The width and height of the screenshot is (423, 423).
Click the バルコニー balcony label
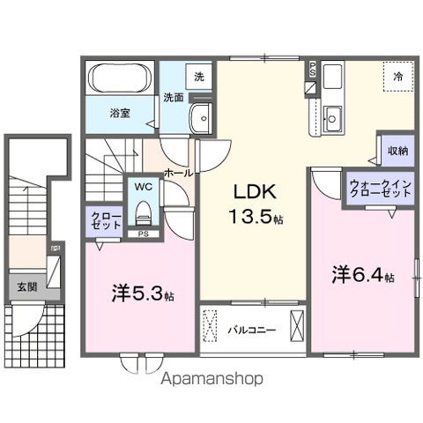pyautogui.click(x=252, y=330)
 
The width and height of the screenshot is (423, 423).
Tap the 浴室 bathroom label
pyautogui.click(x=121, y=113)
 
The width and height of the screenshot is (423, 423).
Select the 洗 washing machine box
pyautogui.click(x=198, y=77)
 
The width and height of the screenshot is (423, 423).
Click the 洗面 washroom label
pyautogui.click(x=173, y=98)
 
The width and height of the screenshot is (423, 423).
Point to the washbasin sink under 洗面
pyautogui.click(x=201, y=116)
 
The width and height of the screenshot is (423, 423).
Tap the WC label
pyautogui.click(x=143, y=187)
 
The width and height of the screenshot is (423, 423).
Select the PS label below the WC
pyautogui.click(x=143, y=234)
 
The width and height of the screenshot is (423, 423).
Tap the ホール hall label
pyautogui.click(x=179, y=174)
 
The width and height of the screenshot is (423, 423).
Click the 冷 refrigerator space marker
pyautogui.click(x=397, y=78)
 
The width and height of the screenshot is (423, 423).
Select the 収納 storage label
pyautogui.click(x=397, y=151)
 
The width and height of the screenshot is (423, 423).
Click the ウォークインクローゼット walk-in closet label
pyautogui.click(x=377, y=187)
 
